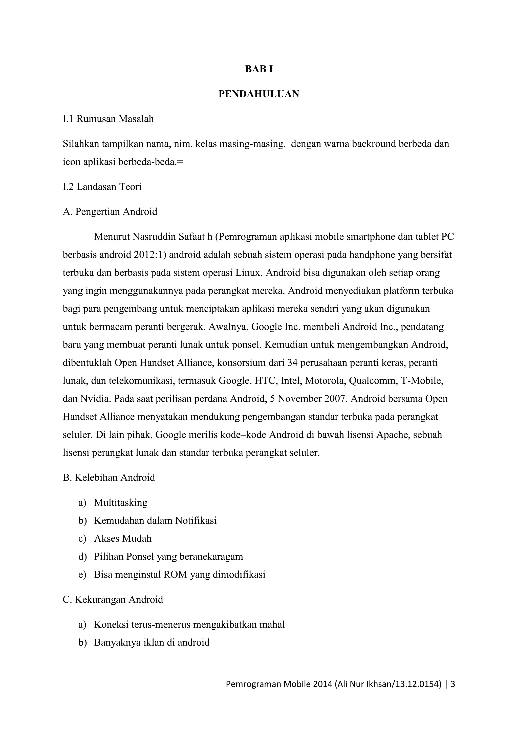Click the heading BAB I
tap(259, 69)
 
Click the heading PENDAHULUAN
tap(259, 94)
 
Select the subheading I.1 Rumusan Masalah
tap(108, 119)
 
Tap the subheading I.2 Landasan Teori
tap(102, 187)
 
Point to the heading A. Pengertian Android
tap(110, 212)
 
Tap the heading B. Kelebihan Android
tap(109, 477)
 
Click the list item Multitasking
tap(121, 503)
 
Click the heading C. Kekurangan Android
tap(113, 600)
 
